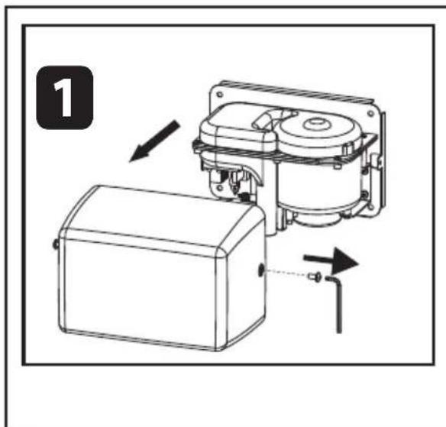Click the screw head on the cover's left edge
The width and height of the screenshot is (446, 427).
(x=56, y=244)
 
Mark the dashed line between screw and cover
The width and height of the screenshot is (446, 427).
(x=286, y=273)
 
